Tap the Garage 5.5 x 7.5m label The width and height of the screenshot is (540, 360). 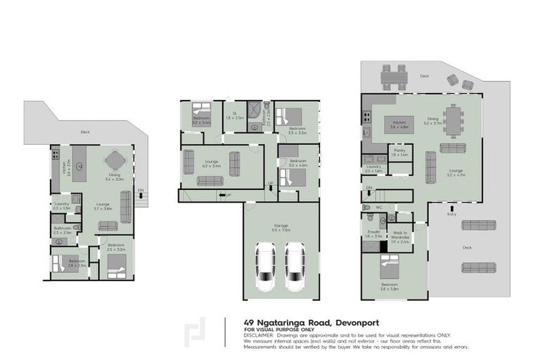(x=281, y=228)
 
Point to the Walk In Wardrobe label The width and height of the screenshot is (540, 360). (x=400, y=235)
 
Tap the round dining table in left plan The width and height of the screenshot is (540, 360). (x=115, y=161)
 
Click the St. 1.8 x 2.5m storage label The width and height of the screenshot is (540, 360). (x=235, y=116)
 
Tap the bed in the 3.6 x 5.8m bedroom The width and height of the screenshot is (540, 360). (x=390, y=267)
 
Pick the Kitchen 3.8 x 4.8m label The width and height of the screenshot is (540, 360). (x=399, y=124)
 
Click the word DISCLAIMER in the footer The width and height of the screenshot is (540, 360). (x=257, y=335)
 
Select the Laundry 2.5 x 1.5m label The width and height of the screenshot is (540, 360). (x=62, y=205)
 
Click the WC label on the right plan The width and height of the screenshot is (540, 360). (x=379, y=207)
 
